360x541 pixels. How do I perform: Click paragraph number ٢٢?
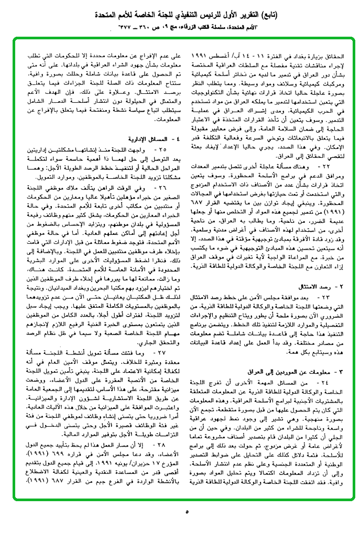coord(328,165)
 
